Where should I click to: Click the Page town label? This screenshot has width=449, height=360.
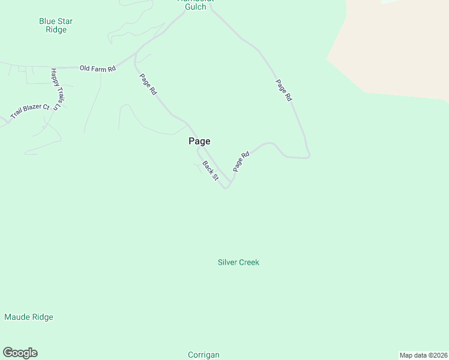199,141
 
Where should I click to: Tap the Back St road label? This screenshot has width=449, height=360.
209,170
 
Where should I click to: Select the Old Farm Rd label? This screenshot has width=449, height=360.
97,68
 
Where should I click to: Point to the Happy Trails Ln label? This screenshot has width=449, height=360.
57,89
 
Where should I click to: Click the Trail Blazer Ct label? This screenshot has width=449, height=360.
29,110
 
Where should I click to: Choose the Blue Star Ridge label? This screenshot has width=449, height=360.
56,25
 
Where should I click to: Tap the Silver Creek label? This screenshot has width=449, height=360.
238,262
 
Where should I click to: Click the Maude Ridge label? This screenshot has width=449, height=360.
29,317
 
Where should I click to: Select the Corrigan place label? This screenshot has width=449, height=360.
203,355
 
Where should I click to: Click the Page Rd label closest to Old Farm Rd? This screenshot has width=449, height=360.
148,84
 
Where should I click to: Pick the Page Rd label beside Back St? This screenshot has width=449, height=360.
241,162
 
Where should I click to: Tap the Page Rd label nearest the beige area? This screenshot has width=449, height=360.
283,89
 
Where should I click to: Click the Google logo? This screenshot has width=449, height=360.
20,353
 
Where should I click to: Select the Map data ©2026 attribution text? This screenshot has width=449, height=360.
423,355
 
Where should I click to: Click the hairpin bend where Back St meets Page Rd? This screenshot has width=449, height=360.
226,187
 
